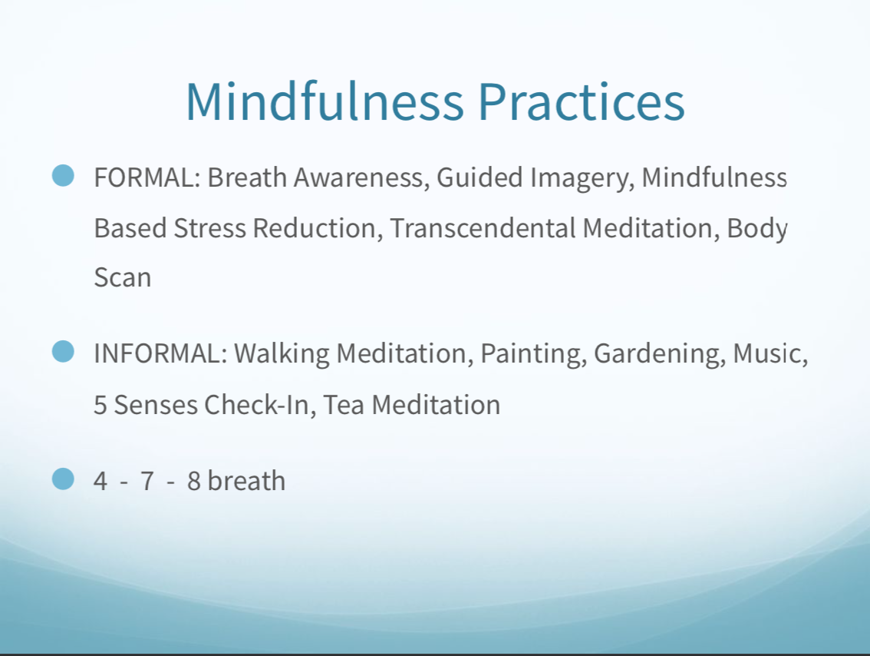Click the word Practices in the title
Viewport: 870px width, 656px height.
pos(581,101)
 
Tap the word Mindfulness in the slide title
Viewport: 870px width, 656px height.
pos(325,101)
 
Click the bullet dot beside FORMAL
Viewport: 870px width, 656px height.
pos(63,176)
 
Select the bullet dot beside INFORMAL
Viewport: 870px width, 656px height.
pos(63,352)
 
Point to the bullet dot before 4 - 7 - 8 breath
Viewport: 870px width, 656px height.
pos(63,479)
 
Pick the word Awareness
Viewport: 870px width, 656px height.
pos(362,177)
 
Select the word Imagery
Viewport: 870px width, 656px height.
pos(582,180)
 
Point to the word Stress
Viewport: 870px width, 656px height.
pos(209,228)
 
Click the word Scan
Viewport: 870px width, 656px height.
pos(123,278)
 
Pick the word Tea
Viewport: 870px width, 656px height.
pos(344,405)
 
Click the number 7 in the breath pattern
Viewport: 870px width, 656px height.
pos(147,481)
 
